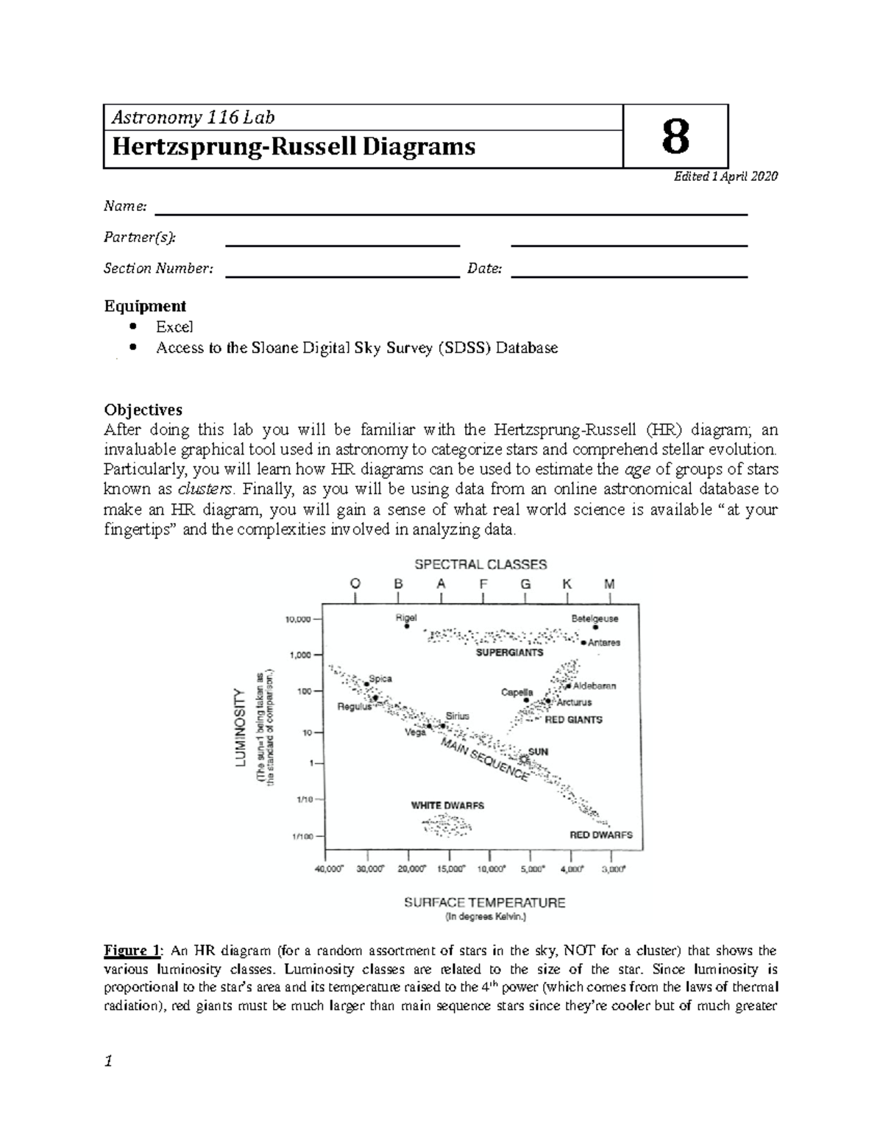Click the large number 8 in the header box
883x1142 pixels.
675,138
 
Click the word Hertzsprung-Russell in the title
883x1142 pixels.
233,147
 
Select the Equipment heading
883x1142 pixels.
145,306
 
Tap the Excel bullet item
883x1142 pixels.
174,326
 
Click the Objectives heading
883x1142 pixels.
143,410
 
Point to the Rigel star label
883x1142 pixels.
405,618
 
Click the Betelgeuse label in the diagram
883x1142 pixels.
595,618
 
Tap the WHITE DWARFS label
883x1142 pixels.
447,805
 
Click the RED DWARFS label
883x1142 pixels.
601,835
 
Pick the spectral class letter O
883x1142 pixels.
355,584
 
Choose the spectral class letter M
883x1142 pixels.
609,584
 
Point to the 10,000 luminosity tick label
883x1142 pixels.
298,619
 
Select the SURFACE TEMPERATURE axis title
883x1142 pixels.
484,902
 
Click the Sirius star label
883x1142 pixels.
457,715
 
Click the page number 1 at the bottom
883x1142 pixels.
108,1061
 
